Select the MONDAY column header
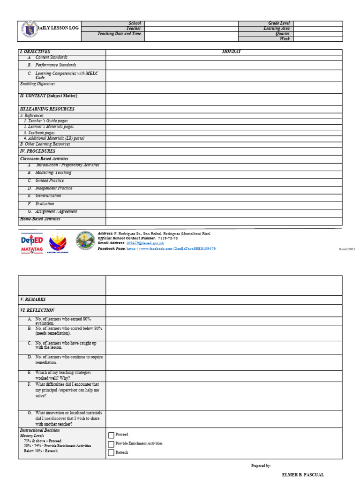tap(231, 52)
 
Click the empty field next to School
tap(191, 23)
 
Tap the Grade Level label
tap(279, 23)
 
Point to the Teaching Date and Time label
tap(119, 34)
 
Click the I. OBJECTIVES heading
tap(35, 52)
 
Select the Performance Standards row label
tap(55, 65)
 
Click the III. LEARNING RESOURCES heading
tap(47, 109)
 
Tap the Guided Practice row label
tap(49, 180)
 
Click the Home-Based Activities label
tap(40, 219)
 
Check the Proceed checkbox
tap(111, 435)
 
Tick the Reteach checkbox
tap(111, 453)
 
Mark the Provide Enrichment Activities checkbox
tap(111, 444)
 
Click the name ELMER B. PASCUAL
tap(302, 475)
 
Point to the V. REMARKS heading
tap(33, 300)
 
